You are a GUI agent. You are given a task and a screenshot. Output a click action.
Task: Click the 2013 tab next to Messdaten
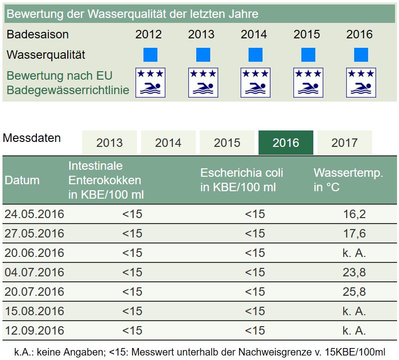tap(109, 143)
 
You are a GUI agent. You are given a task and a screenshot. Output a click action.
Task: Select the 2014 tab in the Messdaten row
tap(168, 143)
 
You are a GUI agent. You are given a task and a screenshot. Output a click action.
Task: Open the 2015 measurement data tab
tap(227, 143)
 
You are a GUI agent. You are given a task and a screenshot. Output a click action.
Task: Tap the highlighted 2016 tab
tap(285, 143)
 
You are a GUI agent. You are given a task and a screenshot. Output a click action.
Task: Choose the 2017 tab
tap(344, 143)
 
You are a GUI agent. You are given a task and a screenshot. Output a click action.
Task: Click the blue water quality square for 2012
tap(150, 55)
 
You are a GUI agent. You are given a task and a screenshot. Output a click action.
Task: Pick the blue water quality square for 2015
tap(308, 55)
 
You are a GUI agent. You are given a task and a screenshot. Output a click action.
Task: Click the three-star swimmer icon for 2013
tap(203, 83)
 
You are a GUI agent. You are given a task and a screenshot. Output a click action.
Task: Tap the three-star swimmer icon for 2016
tap(361, 83)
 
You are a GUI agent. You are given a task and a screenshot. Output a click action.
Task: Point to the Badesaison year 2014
tap(254, 34)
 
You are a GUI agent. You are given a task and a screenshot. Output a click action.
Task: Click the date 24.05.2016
tap(34, 214)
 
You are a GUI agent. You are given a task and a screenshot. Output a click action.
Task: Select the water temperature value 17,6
tap(354, 234)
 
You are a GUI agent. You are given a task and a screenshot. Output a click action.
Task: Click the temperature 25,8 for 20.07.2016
tap(354, 291)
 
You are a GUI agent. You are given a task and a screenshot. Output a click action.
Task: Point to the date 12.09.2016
tap(34, 330)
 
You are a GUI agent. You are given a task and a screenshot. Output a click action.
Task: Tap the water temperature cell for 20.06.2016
tap(354, 253)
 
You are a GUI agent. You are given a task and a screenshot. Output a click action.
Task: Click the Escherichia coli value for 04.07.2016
tap(255, 272)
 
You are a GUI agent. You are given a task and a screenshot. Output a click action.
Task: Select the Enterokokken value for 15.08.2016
tap(132, 311)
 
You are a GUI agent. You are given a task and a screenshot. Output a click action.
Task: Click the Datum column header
tap(22, 180)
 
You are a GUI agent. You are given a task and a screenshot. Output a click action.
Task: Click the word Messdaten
tap(32, 138)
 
